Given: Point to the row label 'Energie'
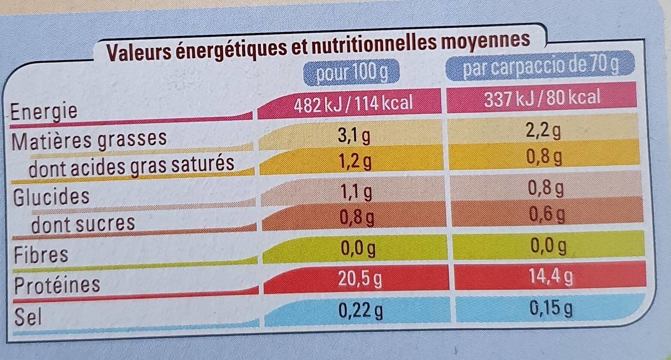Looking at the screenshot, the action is pyautogui.click(x=44, y=111).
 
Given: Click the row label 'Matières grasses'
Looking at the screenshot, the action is pyautogui.click(x=89, y=139).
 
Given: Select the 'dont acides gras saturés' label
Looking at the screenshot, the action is pyautogui.click(x=131, y=165).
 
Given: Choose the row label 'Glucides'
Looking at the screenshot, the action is pyautogui.click(x=51, y=196).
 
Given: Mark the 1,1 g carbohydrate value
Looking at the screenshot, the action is pyautogui.click(x=357, y=193).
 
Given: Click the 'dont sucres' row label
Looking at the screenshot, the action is pyautogui.click(x=83, y=224).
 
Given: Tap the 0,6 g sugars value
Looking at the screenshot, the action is pyautogui.click(x=547, y=214).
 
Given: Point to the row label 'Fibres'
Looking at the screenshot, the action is pyautogui.click(x=41, y=254).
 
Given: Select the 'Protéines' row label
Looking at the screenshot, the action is pyautogui.click(x=57, y=285).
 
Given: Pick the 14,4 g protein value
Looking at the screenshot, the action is pyautogui.click(x=551, y=277).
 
